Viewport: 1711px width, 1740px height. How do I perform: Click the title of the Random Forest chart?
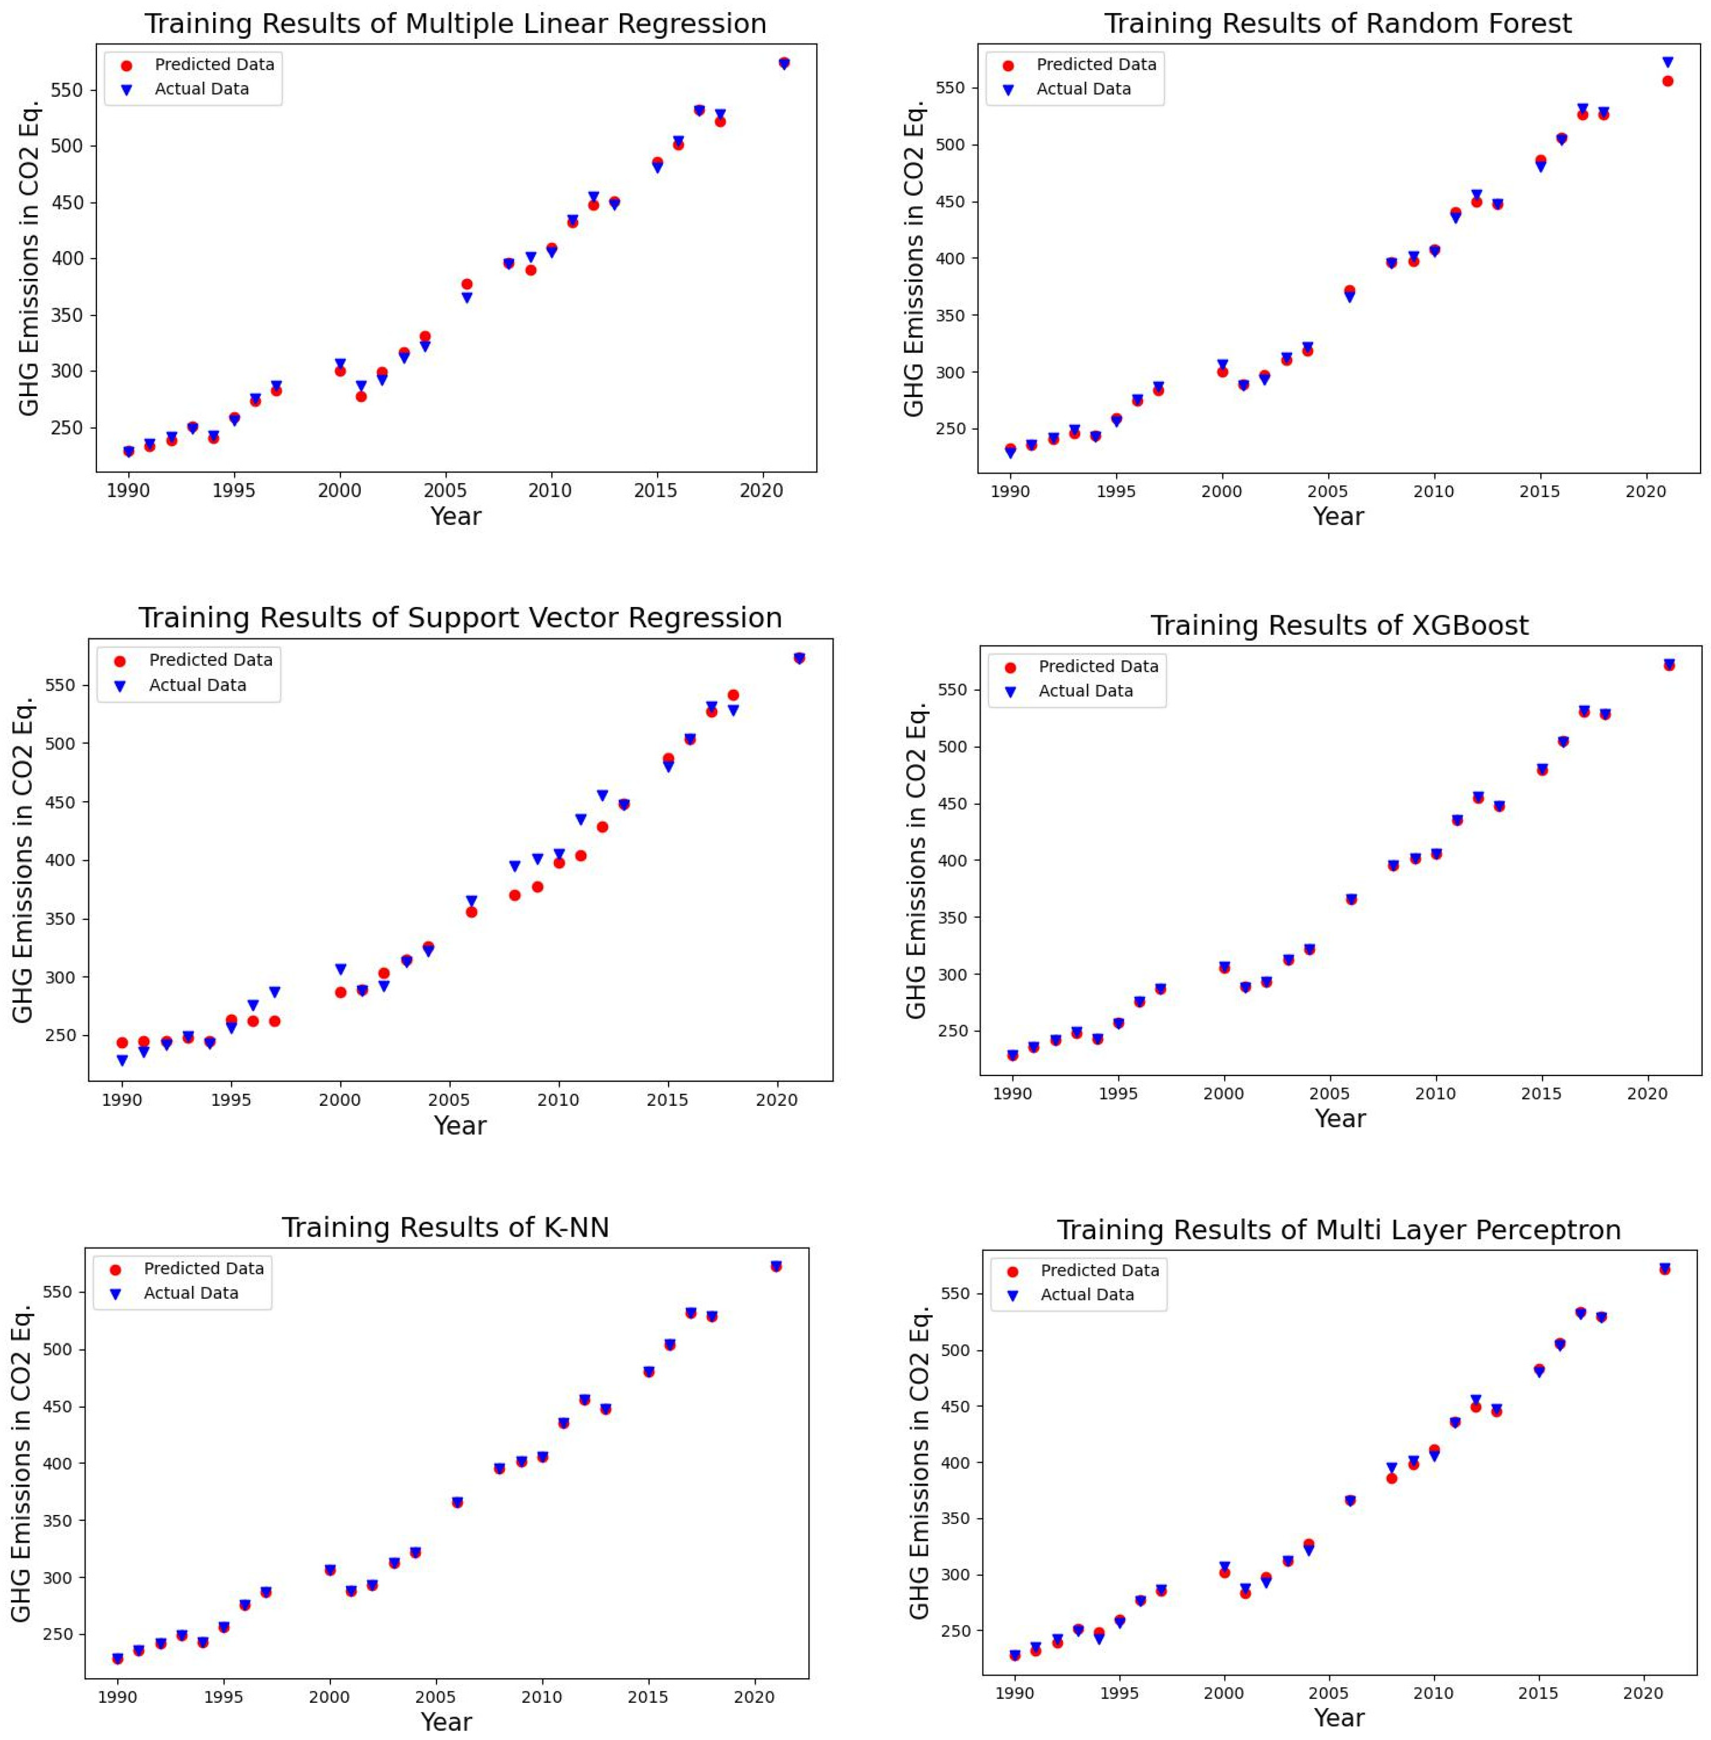(x=1337, y=24)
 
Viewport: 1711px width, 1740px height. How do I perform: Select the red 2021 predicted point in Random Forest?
(x=1667, y=81)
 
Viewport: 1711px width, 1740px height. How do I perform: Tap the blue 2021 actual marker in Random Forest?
(x=1667, y=62)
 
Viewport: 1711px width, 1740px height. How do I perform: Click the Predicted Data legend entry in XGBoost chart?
(x=1097, y=667)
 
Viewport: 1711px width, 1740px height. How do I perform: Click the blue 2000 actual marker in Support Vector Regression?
(x=341, y=969)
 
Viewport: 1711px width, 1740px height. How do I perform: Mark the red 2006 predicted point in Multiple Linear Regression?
(x=466, y=284)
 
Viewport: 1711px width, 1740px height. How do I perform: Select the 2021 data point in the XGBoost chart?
(x=1669, y=665)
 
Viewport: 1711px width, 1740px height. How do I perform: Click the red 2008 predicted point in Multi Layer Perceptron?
(x=1391, y=1478)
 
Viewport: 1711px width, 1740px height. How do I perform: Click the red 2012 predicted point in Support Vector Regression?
(x=602, y=826)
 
